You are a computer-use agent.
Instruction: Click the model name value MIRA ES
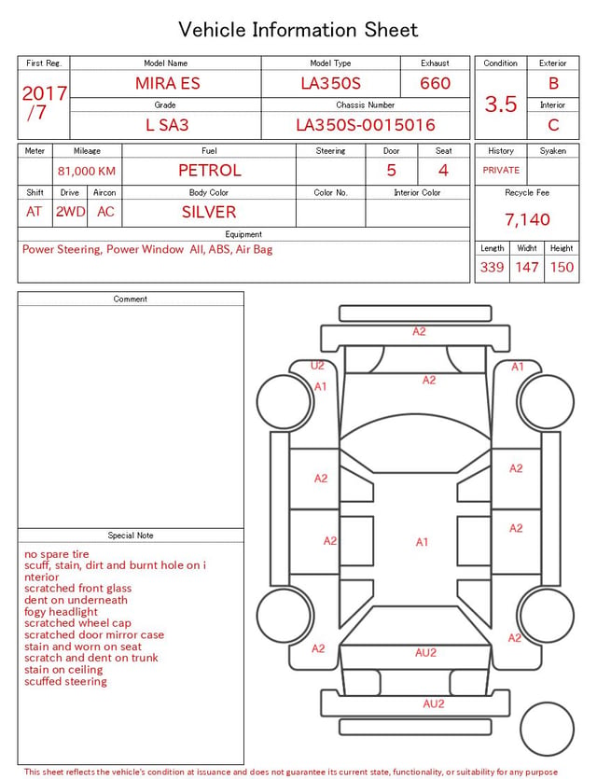pos(167,83)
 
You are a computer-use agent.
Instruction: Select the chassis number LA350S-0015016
pos(366,125)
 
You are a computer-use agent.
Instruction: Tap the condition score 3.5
pos(501,104)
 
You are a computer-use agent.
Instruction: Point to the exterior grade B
pos(553,83)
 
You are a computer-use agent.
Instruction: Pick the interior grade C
pos(553,125)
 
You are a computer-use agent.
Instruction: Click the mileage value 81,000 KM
pos(87,171)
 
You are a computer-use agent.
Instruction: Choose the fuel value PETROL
pos(210,171)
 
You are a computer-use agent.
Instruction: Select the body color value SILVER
pos(209,212)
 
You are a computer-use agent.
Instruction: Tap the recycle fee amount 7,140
pos(527,219)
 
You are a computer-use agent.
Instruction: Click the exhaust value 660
pos(435,83)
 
